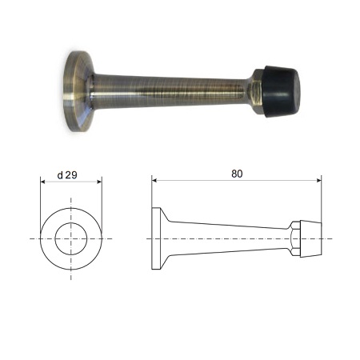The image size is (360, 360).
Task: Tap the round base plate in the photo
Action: point(78,91)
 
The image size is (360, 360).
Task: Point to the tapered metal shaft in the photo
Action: point(168,90)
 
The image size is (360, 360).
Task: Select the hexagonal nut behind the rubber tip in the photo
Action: point(256,92)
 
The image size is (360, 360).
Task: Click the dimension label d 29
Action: point(67,175)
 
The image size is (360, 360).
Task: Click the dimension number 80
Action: point(237,174)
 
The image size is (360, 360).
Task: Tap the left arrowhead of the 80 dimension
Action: point(154,181)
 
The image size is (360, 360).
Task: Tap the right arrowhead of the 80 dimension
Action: point(318,181)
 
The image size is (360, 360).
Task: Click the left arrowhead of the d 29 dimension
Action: point(43,182)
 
